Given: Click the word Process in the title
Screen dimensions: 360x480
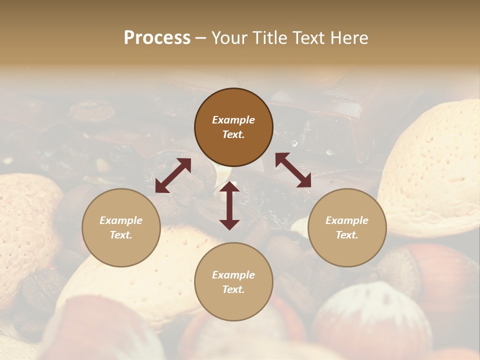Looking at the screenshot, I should click(x=157, y=38).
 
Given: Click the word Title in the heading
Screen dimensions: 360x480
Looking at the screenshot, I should click(x=265, y=38).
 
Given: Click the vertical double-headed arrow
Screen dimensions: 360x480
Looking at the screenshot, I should click(x=229, y=205).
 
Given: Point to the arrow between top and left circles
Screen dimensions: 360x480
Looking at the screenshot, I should click(x=173, y=175).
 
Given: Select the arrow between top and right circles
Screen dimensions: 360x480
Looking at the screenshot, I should click(x=293, y=170).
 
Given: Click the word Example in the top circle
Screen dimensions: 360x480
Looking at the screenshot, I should click(x=233, y=120).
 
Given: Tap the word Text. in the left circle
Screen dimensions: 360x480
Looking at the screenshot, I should click(x=121, y=235).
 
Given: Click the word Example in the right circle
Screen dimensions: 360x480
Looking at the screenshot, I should click(x=347, y=220).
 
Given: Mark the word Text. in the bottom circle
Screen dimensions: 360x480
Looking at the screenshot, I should click(x=233, y=289).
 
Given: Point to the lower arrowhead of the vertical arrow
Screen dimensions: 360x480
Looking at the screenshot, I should click(x=229, y=223).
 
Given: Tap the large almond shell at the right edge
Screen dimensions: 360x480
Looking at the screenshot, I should click(x=435, y=170).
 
